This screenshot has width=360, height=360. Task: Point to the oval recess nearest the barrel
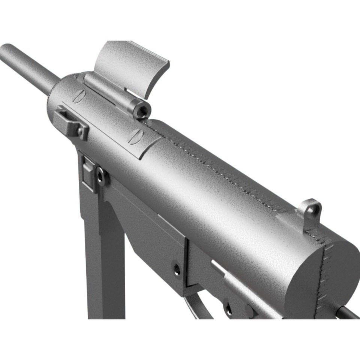[79, 96]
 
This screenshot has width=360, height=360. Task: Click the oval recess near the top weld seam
[135, 136]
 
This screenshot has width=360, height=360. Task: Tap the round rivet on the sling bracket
[80, 131]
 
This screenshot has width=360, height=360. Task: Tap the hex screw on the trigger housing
[177, 268]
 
